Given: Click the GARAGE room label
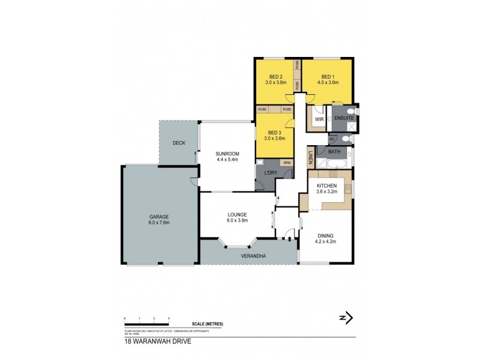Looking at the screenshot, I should tap(160, 216).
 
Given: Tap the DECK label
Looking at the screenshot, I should tap(179, 143).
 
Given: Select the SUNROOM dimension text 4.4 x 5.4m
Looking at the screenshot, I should tap(227, 160).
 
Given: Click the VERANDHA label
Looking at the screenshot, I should tap(254, 256).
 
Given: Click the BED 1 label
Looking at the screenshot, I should tap(327, 77).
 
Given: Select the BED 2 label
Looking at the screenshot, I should tap(275, 77).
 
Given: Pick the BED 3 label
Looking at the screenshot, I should tap(274, 132).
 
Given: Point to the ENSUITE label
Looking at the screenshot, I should tap(344, 119).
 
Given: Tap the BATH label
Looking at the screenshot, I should tap(334, 152).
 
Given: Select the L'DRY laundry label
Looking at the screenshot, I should tap(271, 173).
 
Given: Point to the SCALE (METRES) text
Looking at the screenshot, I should tap(208, 324).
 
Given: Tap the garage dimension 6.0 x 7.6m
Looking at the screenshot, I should tap(160, 223).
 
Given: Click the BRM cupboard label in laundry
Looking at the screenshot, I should tap(287, 163).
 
